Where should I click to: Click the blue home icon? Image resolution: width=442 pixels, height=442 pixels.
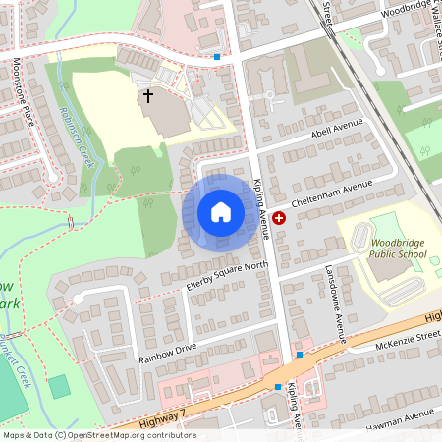pyautogui.click(x=221, y=211)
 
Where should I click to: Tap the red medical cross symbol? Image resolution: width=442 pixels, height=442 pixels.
pyautogui.click(x=279, y=218)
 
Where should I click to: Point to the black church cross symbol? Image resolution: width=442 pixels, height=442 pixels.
pyautogui.click(x=149, y=96)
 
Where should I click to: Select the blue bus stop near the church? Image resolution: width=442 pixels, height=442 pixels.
pyautogui.click(x=216, y=57)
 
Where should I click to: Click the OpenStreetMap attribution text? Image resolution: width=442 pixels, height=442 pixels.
pyautogui.click(x=98, y=435)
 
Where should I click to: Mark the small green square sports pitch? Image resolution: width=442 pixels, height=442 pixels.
pyautogui.click(x=61, y=386)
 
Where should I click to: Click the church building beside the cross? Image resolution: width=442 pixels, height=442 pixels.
pyautogui.click(x=168, y=114)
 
